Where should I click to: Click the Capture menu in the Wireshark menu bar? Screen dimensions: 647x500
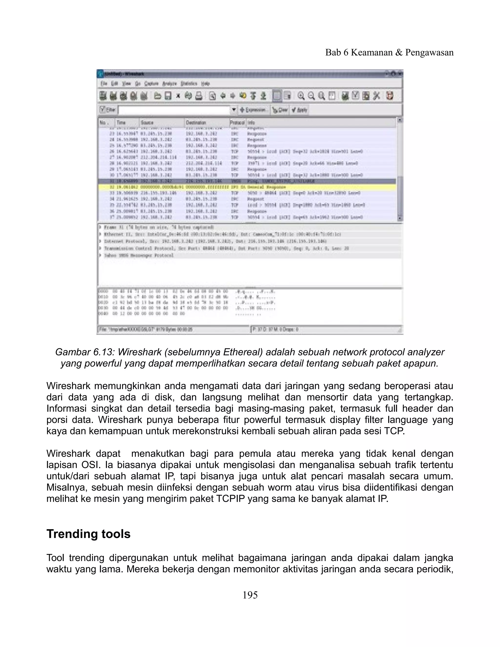coord(151,84)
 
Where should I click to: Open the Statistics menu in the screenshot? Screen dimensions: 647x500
coord(189,84)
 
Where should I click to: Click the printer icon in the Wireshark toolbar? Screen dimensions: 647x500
coord(199,96)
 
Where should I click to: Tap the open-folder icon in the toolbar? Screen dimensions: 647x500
coord(158,96)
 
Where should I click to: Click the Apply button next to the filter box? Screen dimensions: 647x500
coord(300,110)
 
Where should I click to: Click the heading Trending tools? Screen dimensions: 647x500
coord(88,534)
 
